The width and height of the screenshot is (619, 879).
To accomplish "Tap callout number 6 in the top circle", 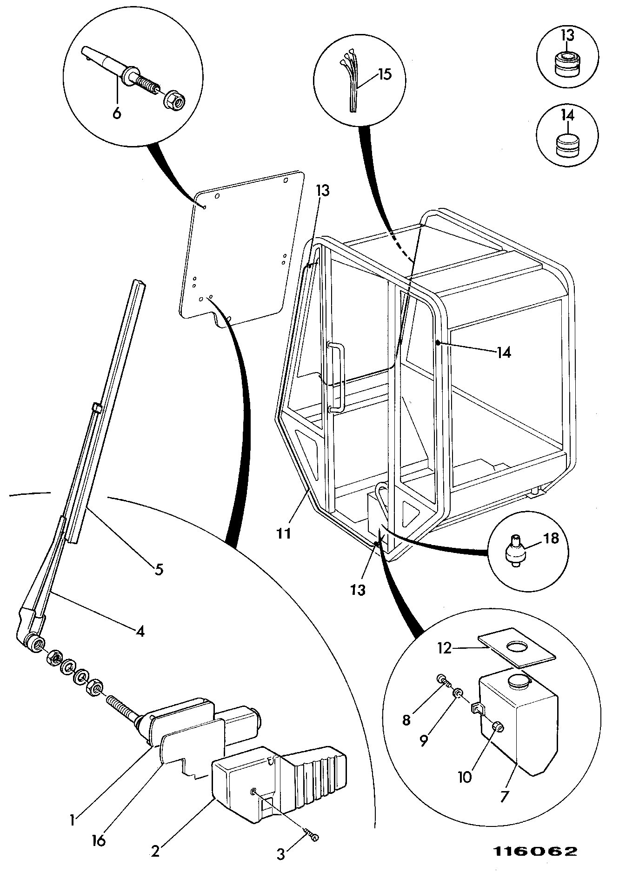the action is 117,113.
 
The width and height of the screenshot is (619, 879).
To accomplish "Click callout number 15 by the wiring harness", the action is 385,74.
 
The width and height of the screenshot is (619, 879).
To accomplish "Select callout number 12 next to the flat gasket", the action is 445,648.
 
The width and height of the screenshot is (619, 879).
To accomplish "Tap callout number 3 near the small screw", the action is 281,854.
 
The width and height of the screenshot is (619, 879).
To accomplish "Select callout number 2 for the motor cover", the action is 155,851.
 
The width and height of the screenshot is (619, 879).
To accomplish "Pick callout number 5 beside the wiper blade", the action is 159,569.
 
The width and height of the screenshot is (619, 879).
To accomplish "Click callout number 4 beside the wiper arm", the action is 140,631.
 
